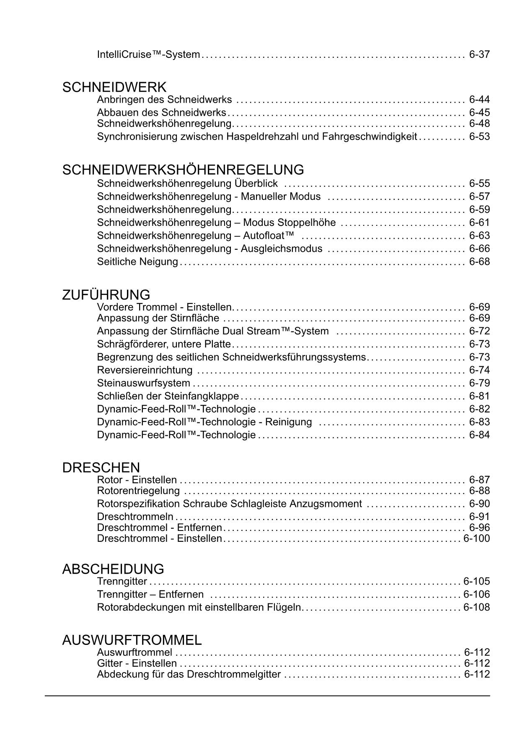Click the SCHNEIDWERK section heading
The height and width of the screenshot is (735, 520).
(x=114, y=88)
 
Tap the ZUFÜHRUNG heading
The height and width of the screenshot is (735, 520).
(x=106, y=295)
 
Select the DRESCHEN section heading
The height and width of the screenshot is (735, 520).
(x=101, y=468)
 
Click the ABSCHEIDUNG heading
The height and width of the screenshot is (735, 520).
(x=113, y=569)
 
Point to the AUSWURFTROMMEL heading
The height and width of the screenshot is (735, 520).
(x=132, y=640)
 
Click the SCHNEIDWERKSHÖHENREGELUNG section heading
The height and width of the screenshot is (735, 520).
(x=183, y=170)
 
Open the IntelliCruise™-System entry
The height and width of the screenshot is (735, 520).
(x=148, y=54)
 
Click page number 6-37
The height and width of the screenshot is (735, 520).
(x=479, y=54)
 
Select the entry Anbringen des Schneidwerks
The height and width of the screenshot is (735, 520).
(x=164, y=100)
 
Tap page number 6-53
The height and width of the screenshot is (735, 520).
(x=479, y=137)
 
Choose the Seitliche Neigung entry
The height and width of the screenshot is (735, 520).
(x=137, y=261)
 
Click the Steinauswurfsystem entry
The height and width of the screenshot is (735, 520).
(x=143, y=383)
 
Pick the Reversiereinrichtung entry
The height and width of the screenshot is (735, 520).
(x=145, y=370)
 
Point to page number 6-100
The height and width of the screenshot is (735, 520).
(x=476, y=538)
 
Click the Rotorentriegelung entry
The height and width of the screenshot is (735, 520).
(x=138, y=491)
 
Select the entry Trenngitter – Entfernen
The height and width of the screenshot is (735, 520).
(x=150, y=594)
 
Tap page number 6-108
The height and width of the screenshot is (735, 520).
(x=476, y=607)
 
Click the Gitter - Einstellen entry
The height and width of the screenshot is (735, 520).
(x=137, y=663)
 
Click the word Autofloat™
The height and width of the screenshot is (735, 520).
(x=269, y=236)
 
